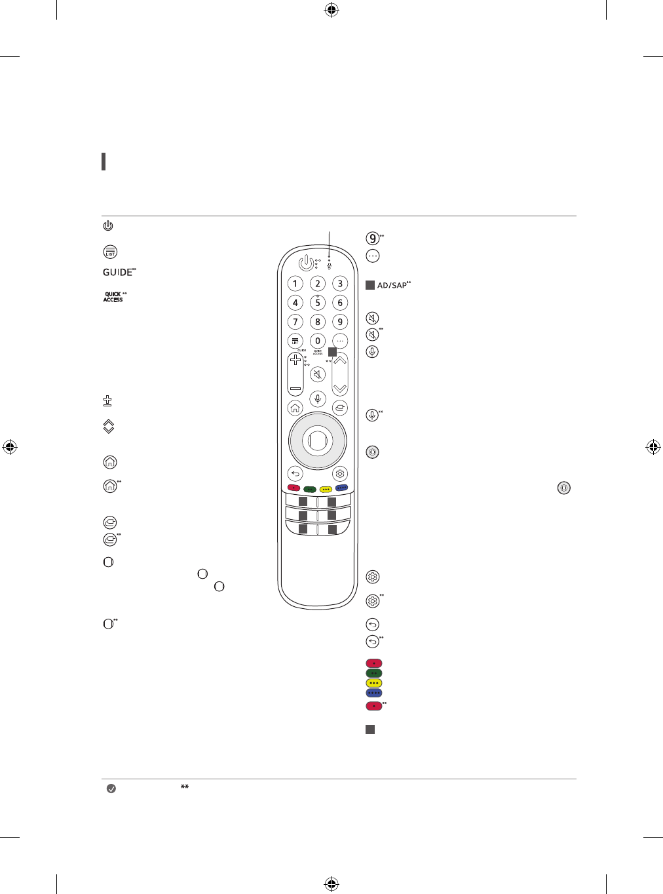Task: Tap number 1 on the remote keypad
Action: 295,284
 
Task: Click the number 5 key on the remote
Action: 318,303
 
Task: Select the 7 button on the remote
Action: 295,322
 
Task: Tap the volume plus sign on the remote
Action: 295,361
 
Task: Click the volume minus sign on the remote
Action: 295,388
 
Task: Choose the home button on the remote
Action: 295,408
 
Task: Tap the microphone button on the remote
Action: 318,398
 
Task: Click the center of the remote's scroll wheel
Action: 318,441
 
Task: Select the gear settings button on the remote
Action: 339,474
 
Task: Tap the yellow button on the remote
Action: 326,488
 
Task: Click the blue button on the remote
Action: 341,488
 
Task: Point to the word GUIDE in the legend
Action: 117,273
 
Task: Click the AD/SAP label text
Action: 392,286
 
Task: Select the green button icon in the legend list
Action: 373,673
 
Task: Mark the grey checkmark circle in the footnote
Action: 111,788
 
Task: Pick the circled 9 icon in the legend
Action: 372,239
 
